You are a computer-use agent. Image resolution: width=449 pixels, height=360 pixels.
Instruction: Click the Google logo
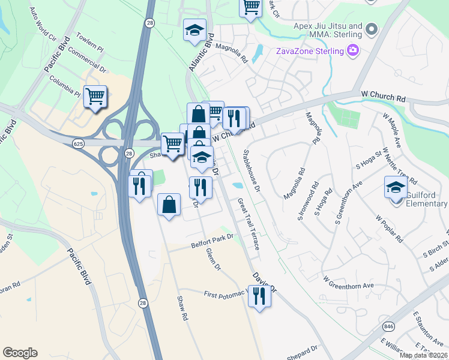[x=20, y=353]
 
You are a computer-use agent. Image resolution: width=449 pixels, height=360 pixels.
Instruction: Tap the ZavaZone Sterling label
[x=309, y=50]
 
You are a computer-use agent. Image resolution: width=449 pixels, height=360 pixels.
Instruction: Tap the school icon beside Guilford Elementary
[x=396, y=187]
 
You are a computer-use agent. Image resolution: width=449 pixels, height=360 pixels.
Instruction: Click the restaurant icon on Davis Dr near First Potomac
[x=259, y=296]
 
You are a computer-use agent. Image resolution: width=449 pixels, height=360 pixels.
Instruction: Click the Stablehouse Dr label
[x=251, y=172]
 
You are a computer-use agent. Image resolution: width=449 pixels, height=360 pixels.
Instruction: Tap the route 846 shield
[x=388, y=326]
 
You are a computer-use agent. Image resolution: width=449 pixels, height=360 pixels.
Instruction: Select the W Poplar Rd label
[x=389, y=228]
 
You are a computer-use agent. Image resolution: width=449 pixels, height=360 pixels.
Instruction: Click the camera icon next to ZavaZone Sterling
[x=354, y=50]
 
